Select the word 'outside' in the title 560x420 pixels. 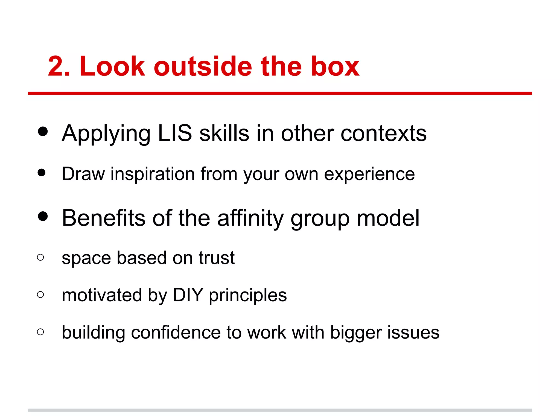(x=203, y=66)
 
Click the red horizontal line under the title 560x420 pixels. (x=280, y=94)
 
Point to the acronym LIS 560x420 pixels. (x=175, y=133)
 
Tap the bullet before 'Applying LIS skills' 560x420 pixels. (x=43, y=131)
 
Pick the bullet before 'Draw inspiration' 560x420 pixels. (x=42, y=173)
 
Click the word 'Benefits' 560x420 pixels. (x=104, y=218)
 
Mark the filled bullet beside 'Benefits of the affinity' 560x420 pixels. (x=43, y=216)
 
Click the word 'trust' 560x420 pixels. (x=216, y=258)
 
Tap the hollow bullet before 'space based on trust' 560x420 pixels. (x=40, y=257)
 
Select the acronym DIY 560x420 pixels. (x=188, y=295)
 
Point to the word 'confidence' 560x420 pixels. (x=176, y=332)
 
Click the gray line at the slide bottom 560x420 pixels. (x=280, y=410)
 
